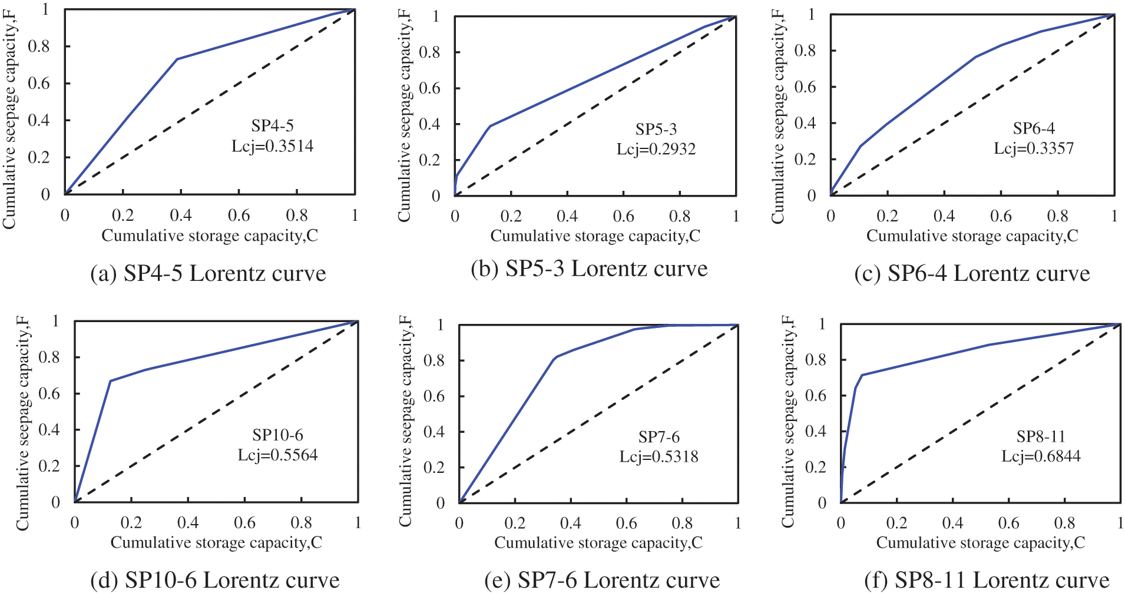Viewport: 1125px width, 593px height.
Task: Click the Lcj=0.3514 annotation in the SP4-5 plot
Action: click(272, 145)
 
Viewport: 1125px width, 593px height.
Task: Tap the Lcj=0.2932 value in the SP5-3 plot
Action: click(656, 149)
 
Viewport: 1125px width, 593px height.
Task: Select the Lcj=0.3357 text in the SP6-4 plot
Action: click(1034, 148)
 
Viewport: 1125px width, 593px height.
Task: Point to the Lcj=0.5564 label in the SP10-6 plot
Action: click(277, 455)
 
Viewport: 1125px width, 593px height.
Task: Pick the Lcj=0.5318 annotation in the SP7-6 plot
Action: click(659, 456)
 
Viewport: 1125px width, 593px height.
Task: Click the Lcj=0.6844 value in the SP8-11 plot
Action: click(1041, 456)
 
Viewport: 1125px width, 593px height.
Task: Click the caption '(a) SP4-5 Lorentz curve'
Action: click(208, 273)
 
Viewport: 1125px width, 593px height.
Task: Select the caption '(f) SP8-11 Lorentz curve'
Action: click(987, 580)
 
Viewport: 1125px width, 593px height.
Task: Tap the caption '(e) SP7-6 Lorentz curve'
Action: click(602, 580)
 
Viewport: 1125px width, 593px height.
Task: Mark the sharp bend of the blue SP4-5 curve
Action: click(177, 59)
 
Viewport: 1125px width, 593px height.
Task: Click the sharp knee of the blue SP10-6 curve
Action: click(110, 381)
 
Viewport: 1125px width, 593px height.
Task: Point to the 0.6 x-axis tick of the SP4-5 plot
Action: click(239, 216)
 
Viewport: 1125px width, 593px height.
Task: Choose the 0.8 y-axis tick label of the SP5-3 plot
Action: click(429, 52)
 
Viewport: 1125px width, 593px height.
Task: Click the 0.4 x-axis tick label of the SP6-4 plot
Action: click(944, 216)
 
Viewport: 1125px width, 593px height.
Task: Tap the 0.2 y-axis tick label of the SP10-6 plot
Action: click(49, 466)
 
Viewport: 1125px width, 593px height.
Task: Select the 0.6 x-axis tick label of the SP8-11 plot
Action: click(1008, 523)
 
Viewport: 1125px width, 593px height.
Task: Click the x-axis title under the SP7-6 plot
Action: click(598, 542)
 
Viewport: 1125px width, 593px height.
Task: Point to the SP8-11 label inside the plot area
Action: click(1041, 436)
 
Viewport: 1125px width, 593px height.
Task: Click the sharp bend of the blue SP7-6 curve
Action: click(554, 357)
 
